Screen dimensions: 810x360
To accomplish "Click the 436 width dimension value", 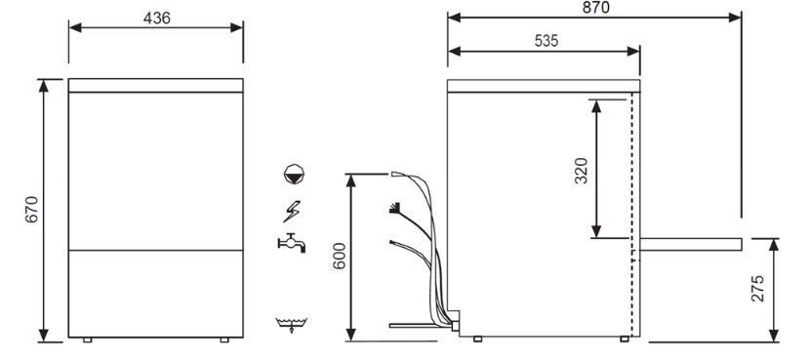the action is (156, 19).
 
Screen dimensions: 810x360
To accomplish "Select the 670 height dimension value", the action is (32, 209).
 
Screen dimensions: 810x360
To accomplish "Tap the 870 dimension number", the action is (595, 7).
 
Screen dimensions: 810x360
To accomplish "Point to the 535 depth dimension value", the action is (547, 41).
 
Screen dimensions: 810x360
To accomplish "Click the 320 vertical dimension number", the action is (582, 171).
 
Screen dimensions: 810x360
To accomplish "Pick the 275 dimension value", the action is (757, 289).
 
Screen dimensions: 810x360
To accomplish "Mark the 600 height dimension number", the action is (339, 257).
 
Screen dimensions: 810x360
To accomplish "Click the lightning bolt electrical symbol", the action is (292, 212).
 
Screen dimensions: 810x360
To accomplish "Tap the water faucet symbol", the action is (292, 243).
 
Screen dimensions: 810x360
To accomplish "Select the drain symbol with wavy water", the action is (292, 324).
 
